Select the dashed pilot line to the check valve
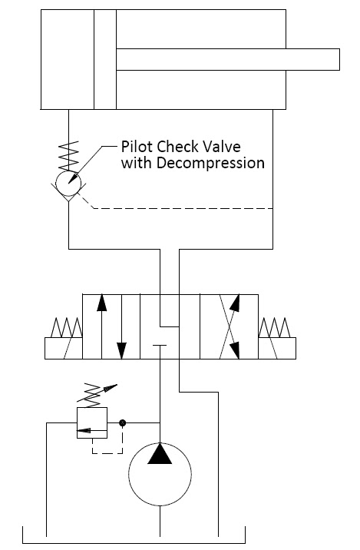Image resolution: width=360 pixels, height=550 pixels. tap(184, 208)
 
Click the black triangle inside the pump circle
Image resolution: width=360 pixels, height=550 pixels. tap(160, 455)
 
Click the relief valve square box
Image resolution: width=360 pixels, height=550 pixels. tap(92, 422)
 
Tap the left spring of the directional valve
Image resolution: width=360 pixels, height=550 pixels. tap(64, 330)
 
